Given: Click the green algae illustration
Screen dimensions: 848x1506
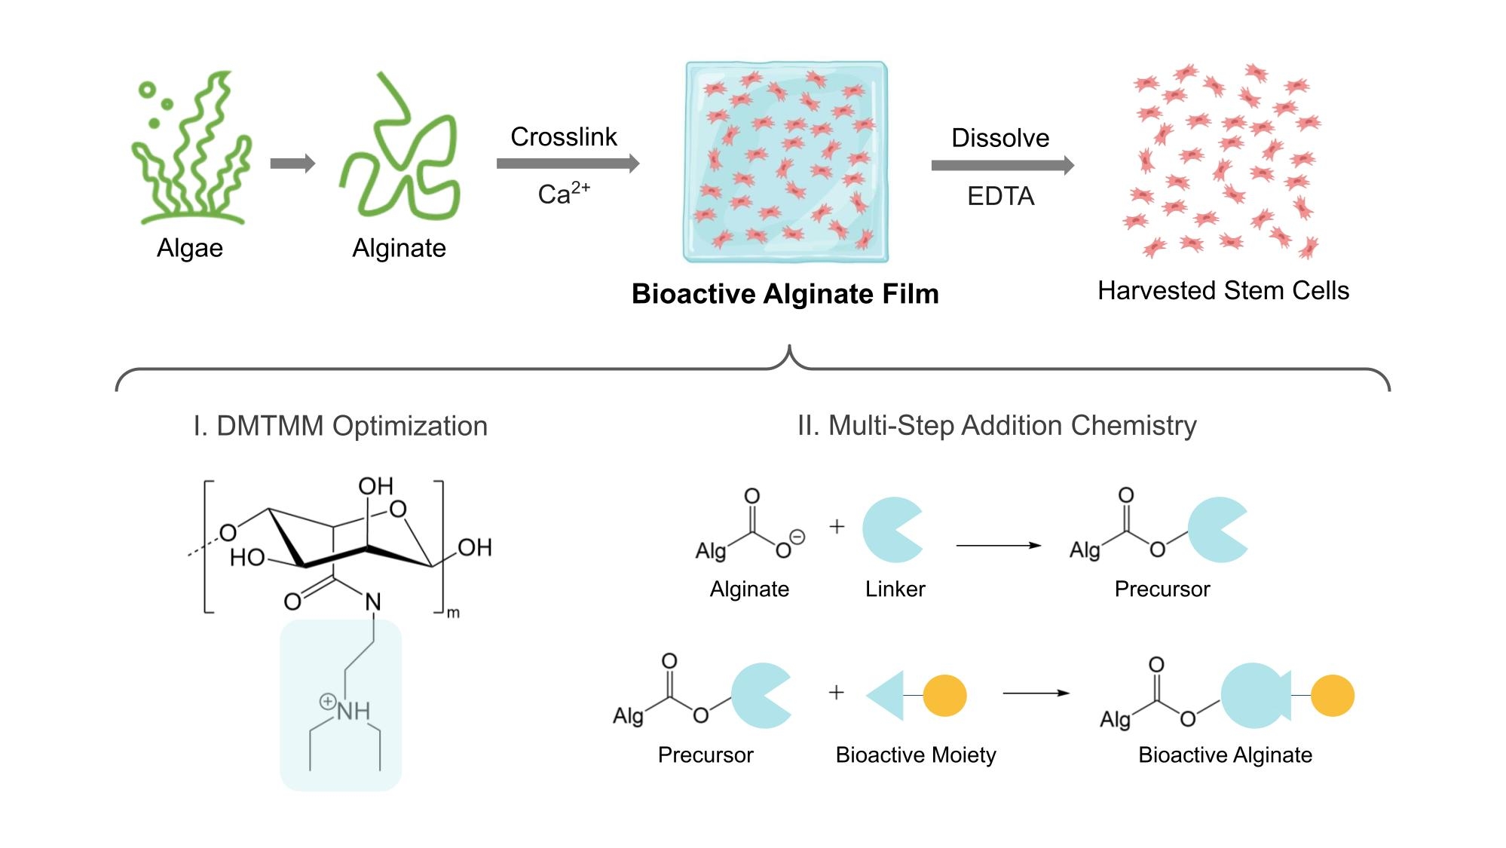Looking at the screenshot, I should [190, 151].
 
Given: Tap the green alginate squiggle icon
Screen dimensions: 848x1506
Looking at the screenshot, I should [399, 151].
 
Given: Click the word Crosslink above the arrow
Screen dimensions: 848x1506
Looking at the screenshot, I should [563, 137].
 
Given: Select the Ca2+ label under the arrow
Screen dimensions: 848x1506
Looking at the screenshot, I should [563, 194].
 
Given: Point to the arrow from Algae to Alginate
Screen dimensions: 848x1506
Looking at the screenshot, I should [292, 164].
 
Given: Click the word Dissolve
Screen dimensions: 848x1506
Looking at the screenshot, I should [1000, 138].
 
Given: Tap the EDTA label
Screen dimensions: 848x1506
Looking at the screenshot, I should [1000, 196].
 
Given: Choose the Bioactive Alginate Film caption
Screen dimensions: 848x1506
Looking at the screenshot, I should [785, 294].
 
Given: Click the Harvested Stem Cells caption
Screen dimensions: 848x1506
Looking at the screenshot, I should [1223, 291].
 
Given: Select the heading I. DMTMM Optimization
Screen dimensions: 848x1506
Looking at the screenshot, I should [340, 426].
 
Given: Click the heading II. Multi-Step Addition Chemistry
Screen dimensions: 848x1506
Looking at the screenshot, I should [996, 426].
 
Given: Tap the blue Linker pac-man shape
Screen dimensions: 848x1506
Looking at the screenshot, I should [889, 530].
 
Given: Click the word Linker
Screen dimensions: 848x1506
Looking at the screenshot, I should [895, 589].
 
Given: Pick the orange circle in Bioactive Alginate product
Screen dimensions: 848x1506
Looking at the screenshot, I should [1332, 696].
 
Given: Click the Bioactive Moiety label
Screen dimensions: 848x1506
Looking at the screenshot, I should [916, 755].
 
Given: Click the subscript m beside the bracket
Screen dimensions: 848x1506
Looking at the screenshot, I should [453, 613].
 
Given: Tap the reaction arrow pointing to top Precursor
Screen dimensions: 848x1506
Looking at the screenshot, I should [998, 545].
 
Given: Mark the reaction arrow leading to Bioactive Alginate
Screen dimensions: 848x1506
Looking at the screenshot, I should [1036, 693].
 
